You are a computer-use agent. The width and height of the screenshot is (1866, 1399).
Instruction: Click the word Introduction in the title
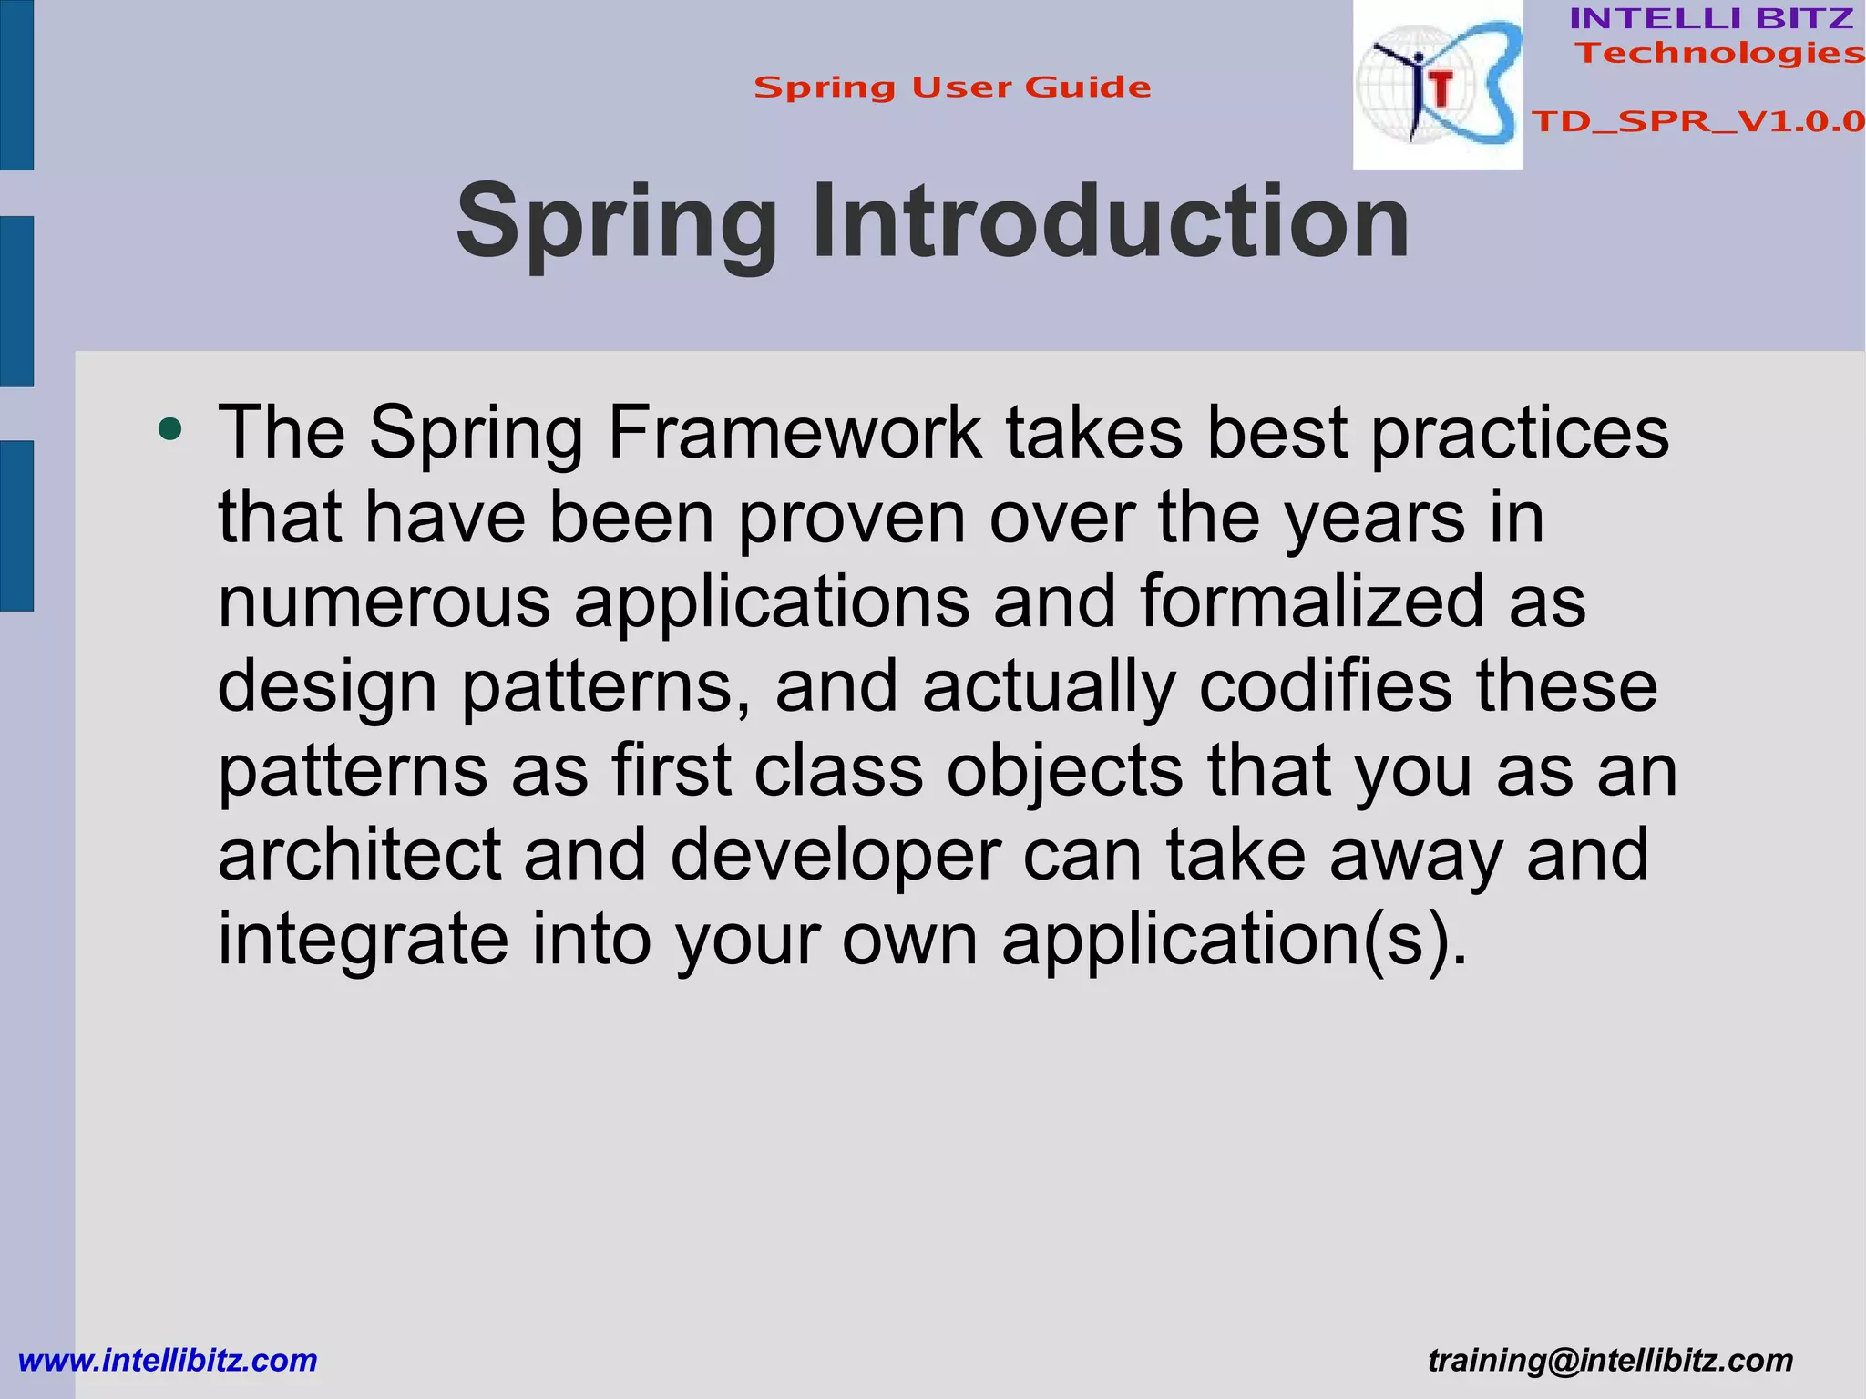click(x=1110, y=221)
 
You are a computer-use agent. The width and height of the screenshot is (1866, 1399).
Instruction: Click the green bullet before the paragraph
click(x=169, y=428)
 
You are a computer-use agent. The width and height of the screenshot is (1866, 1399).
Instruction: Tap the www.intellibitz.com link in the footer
click(x=168, y=1361)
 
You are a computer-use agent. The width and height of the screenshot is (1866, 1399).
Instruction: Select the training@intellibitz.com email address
click(x=1610, y=1361)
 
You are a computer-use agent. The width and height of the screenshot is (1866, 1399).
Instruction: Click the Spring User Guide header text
click(x=952, y=87)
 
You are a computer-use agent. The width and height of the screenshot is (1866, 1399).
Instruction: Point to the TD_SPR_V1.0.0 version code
click(x=1697, y=121)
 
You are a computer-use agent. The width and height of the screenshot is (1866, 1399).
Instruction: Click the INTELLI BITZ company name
click(x=1711, y=18)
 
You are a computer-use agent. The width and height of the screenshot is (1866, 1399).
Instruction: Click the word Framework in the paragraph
click(x=795, y=432)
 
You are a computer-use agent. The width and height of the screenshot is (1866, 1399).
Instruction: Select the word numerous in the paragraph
click(x=384, y=602)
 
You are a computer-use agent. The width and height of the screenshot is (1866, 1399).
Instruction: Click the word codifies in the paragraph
click(x=1325, y=686)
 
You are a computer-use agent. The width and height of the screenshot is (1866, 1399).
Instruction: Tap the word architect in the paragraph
click(x=360, y=855)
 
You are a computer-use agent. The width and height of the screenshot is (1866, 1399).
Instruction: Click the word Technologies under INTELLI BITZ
click(x=1720, y=54)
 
